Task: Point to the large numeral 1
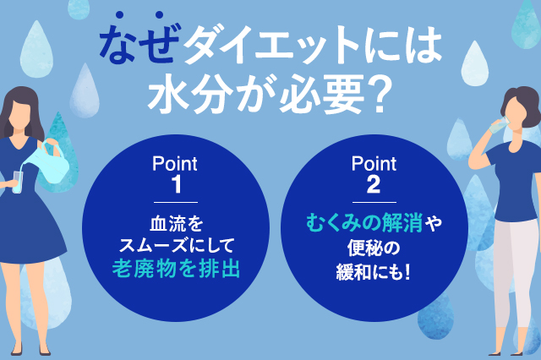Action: (x=175, y=183)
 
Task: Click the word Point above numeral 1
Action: (x=175, y=161)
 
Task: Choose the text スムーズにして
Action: (x=175, y=246)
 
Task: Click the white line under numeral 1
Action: (x=175, y=202)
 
